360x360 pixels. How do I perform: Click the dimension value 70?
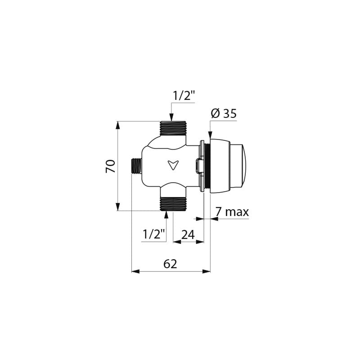click(x=110, y=166)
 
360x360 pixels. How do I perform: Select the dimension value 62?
click(x=170, y=264)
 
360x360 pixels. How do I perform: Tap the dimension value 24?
click(x=188, y=234)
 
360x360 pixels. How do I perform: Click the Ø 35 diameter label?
click(x=224, y=113)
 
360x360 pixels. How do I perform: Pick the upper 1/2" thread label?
click(x=184, y=96)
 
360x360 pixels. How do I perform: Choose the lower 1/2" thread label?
click(x=154, y=234)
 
